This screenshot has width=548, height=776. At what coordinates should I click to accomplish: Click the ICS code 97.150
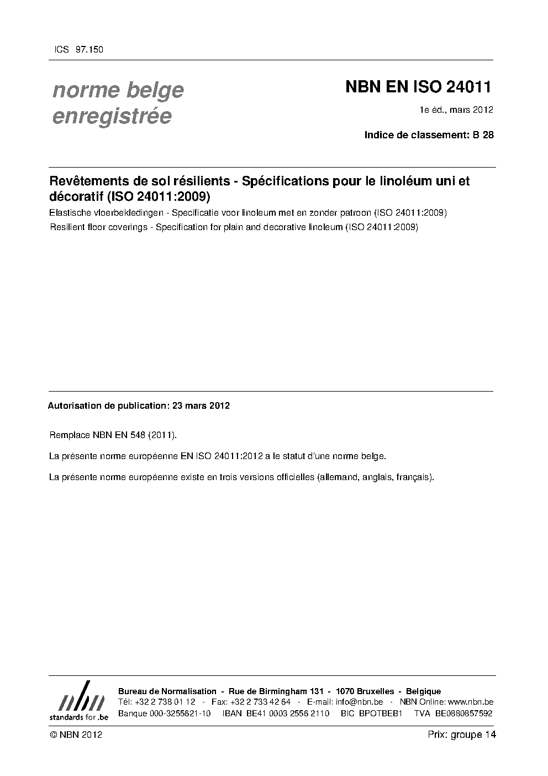click(88, 50)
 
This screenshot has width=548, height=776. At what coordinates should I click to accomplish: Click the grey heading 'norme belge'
click(118, 90)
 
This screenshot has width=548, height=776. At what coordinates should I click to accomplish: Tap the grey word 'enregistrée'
click(112, 117)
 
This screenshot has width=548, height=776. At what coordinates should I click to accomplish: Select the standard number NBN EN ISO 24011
click(418, 87)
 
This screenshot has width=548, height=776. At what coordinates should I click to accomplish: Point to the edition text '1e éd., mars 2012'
click(456, 110)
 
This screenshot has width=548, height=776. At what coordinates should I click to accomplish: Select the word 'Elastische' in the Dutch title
click(68, 213)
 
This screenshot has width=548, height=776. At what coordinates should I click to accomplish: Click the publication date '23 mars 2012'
click(201, 405)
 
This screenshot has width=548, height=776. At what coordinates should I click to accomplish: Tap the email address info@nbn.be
click(359, 702)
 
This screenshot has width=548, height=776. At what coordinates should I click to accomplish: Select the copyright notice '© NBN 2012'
click(76, 735)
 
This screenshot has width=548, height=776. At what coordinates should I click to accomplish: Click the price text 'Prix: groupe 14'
click(462, 735)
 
